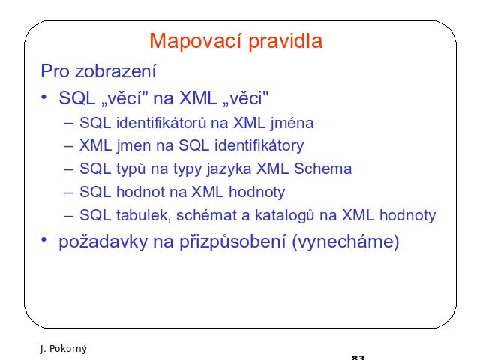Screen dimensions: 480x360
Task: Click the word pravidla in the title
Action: [x=286, y=40]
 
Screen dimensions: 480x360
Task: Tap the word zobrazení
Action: [x=115, y=71]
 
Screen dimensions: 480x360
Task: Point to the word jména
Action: [x=292, y=123]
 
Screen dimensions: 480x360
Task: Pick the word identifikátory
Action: [x=259, y=145]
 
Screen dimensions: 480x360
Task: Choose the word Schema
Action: [x=322, y=169]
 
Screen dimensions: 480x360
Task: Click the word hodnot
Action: [x=141, y=192]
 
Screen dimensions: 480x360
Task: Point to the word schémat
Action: [x=207, y=215]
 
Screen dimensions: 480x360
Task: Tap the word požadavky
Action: [x=103, y=241]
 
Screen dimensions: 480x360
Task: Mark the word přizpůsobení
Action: [x=232, y=241]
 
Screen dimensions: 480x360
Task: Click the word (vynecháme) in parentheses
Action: [x=346, y=241]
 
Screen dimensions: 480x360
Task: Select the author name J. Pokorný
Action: [x=63, y=348]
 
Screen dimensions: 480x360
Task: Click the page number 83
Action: [x=358, y=357]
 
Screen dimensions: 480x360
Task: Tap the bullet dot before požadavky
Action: [x=43, y=239]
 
